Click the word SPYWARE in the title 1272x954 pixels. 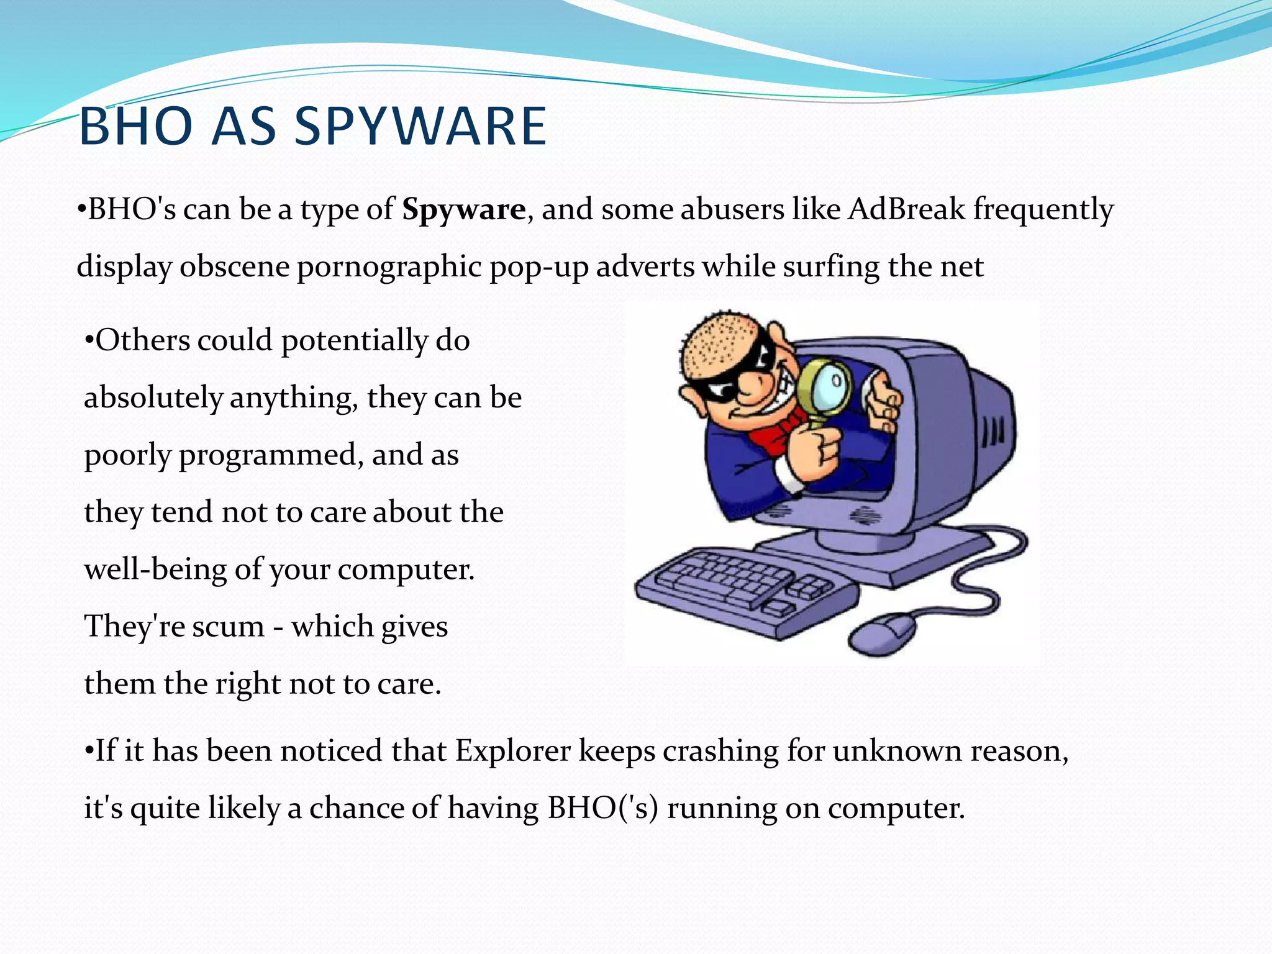pos(420,127)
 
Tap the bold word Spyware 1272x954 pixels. pos(463,209)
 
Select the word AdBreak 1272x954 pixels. pos(906,209)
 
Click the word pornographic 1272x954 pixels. pos(389,267)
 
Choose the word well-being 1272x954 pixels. pos(155,569)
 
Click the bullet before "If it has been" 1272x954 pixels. pos(89,751)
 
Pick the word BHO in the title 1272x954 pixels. pos(136,127)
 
